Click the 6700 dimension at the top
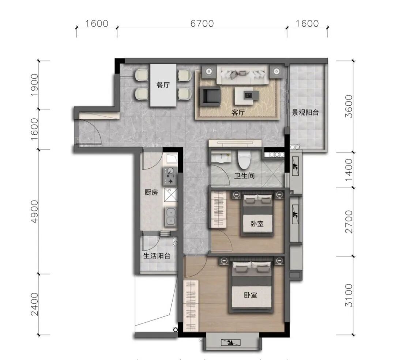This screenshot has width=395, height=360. pyautogui.click(x=202, y=23)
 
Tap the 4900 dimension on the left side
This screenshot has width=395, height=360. pyautogui.click(x=34, y=211)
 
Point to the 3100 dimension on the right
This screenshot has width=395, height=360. pyautogui.click(x=349, y=295)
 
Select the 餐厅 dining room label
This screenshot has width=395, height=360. pyautogui.click(x=163, y=85)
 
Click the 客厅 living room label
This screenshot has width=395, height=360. pyautogui.click(x=238, y=112)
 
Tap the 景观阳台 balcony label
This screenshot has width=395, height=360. pyautogui.click(x=305, y=112)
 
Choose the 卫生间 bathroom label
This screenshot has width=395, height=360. pyautogui.click(x=244, y=175)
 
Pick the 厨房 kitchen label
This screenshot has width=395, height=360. pyautogui.click(x=151, y=192)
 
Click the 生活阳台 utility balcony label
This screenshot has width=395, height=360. pyautogui.click(x=157, y=256)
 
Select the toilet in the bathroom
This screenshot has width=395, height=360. pyautogui.click(x=244, y=160)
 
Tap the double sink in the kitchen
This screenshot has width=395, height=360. pyautogui.click(x=170, y=217)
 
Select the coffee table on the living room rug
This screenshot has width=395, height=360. pyautogui.click(x=247, y=96)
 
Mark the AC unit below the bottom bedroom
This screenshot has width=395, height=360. pyautogui.click(x=230, y=342)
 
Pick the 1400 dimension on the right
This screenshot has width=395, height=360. pyautogui.click(x=349, y=169)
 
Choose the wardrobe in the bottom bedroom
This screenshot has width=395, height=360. pyautogui.click(x=191, y=305)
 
